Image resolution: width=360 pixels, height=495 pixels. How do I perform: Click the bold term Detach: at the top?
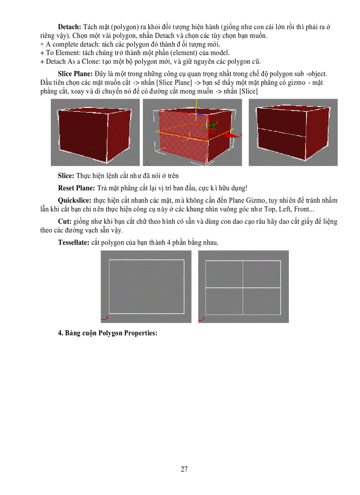69,27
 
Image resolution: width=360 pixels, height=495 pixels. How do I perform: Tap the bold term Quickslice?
75,200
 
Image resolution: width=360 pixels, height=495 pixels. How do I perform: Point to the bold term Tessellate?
74,242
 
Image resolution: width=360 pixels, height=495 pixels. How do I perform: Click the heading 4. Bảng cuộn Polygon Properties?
108,333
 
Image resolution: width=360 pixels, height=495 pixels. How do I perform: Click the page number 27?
184,469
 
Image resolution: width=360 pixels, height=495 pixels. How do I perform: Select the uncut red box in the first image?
93,132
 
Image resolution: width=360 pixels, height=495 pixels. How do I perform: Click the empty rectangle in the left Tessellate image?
146,287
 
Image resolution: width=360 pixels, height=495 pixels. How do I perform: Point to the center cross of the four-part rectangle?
243,288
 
